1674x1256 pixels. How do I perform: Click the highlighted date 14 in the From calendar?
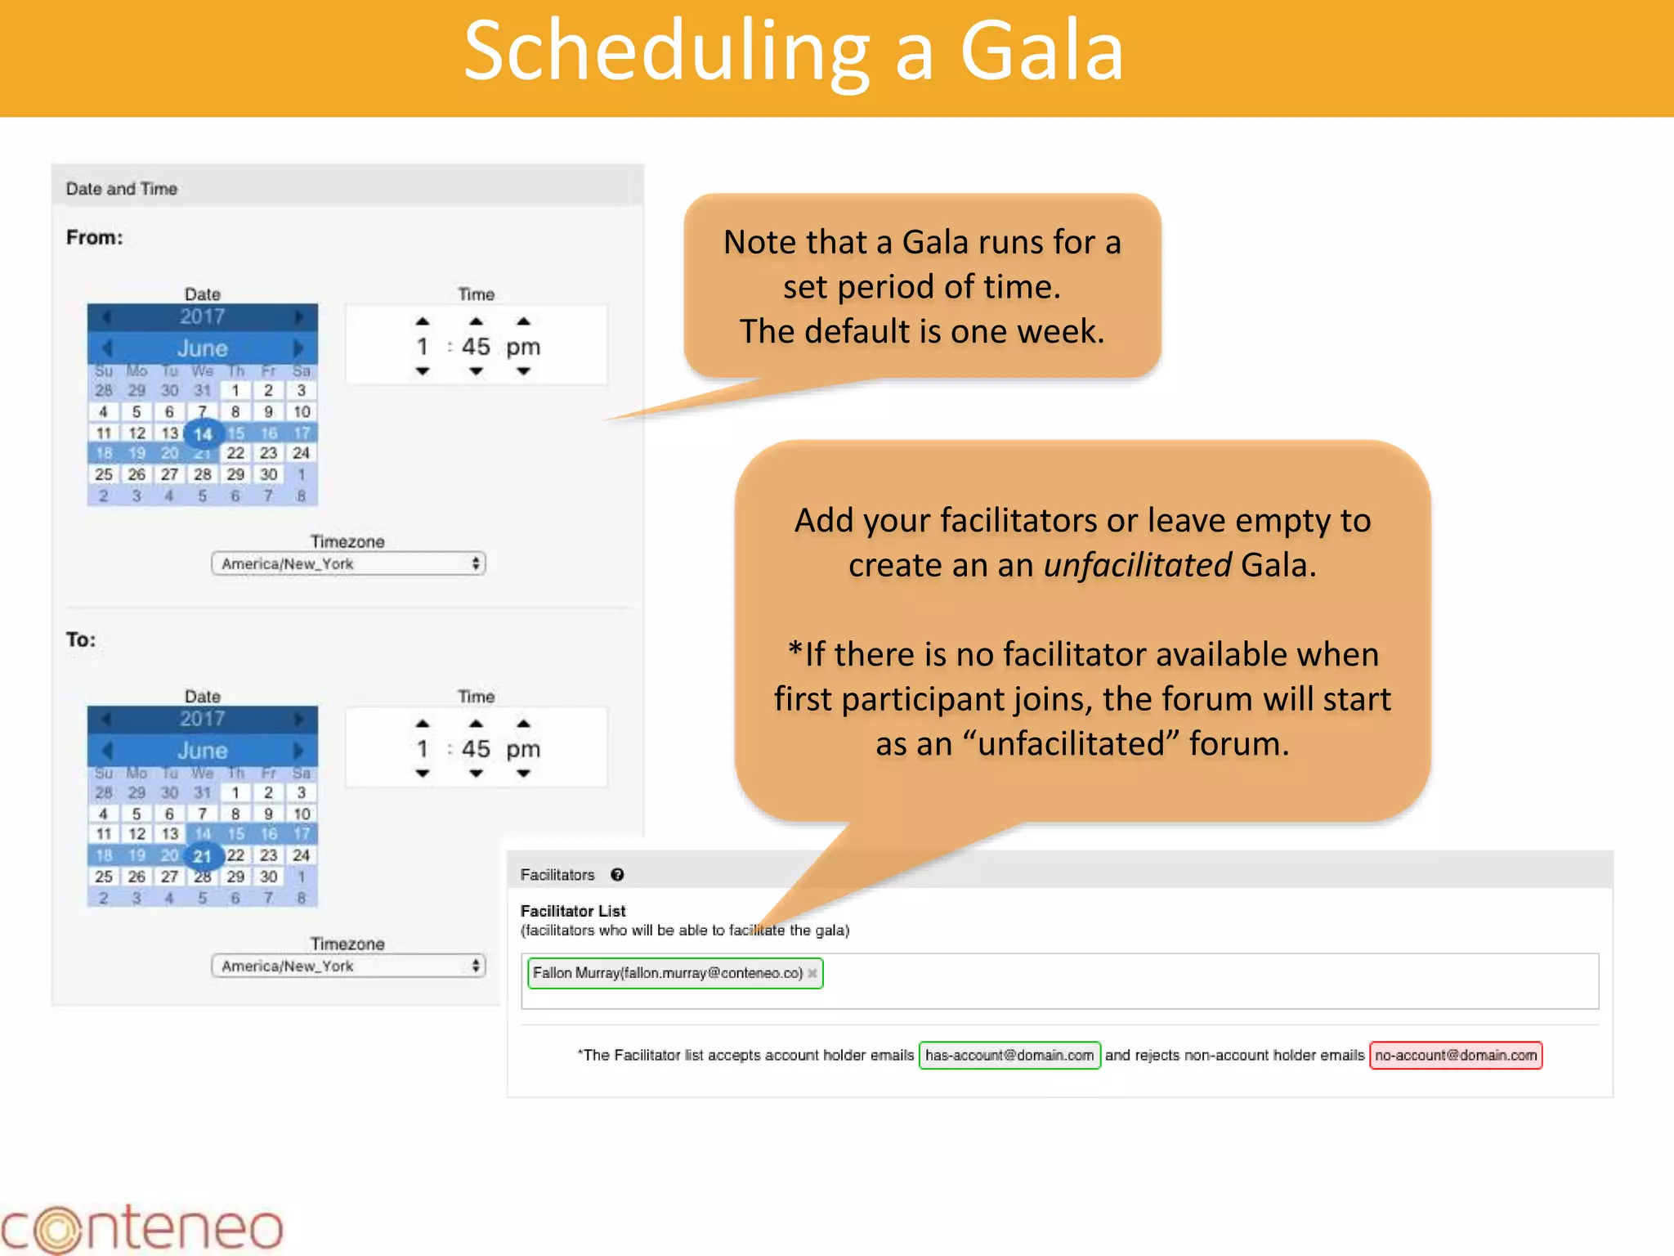pos(203,433)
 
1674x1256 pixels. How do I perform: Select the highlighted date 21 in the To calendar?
pos(202,856)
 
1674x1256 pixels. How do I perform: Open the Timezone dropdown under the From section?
pos(348,564)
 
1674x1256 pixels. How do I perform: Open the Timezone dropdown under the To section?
pos(348,967)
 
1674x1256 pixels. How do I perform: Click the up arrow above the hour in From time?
pos(422,321)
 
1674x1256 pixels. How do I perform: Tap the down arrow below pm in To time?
pos(523,774)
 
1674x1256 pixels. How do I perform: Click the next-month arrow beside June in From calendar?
pos(298,348)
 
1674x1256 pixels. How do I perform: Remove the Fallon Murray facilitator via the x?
pos(812,973)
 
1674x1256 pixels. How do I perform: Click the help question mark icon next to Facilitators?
pos(617,875)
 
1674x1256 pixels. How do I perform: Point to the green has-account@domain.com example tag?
pos(1009,1056)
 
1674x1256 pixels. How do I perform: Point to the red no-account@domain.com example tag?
pos(1456,1056)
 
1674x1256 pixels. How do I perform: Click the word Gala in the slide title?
pos(1041,51)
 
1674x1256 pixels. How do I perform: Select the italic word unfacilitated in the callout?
pos(1137,565)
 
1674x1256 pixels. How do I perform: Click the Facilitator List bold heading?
pos(573,911)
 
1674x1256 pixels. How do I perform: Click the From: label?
pos(94,238)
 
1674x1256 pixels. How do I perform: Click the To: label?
pos(81,639)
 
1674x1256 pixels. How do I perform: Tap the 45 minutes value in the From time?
pos(476,347)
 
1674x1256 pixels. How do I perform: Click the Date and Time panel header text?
pos(122,189)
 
